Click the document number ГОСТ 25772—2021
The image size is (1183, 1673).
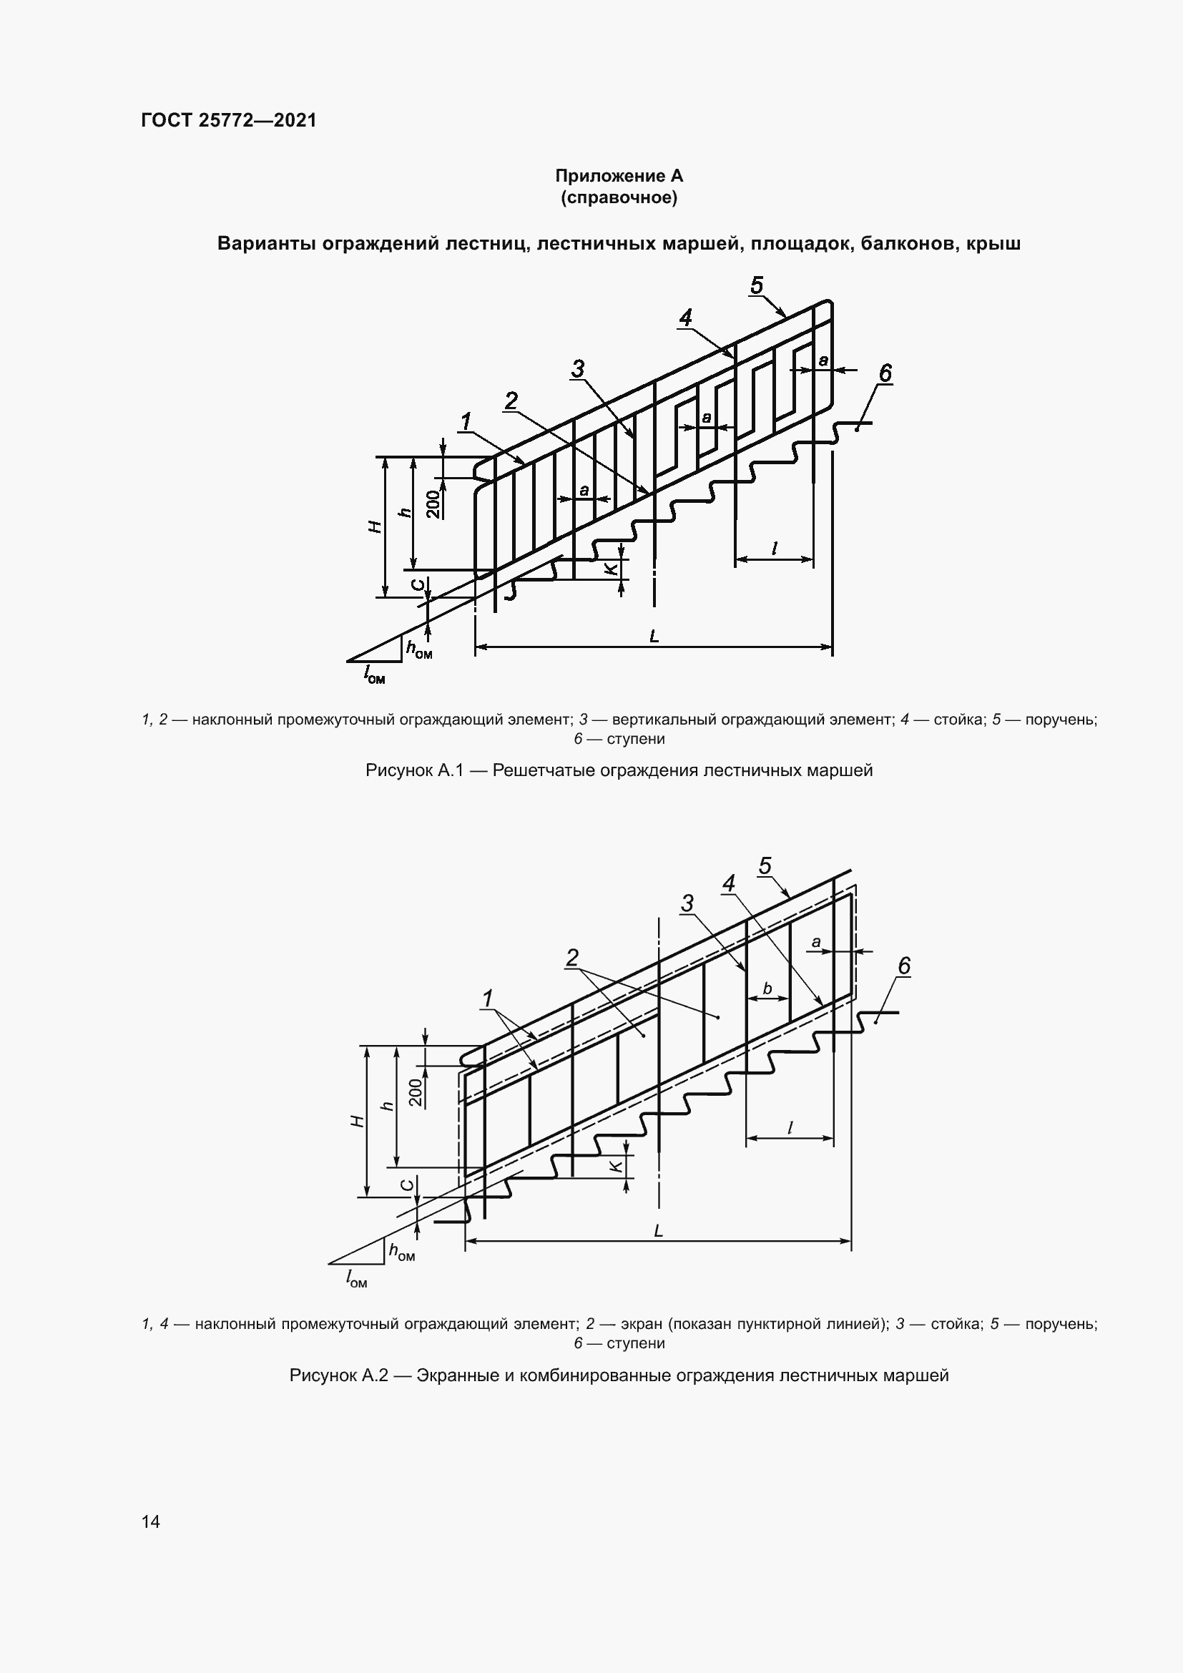(229, 120)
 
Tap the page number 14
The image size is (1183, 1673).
(151, 1521)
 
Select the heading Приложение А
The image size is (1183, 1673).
(619, 176)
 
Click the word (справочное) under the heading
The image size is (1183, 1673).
(619, 197)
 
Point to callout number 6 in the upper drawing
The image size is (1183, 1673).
(884, 373)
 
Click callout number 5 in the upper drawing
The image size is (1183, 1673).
(756, 285)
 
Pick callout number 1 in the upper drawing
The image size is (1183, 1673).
(466, 421)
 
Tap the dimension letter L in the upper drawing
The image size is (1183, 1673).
(654, 636)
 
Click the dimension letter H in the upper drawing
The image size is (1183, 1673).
(375, 526)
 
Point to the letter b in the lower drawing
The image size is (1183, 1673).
(767, 988)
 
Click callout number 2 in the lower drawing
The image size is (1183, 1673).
(572, 957)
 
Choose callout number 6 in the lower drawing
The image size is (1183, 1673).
(903, 966)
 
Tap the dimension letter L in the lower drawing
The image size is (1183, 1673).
(658, 1231)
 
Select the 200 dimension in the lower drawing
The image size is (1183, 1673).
(416, 1093)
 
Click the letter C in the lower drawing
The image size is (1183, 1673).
(408, 1185)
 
